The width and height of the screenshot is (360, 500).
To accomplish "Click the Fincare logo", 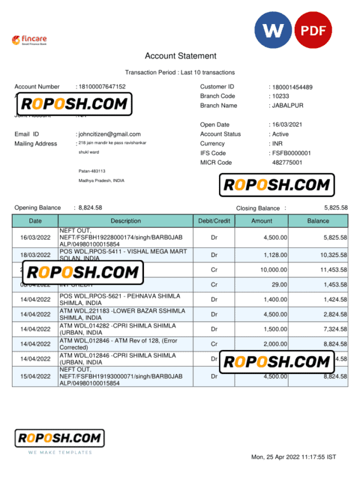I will pos(29,40).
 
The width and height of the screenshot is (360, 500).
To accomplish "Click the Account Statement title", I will pos(180,56).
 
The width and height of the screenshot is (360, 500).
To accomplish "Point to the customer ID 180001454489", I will pos(292,88).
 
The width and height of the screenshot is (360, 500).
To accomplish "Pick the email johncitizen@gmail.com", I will pos(109,134).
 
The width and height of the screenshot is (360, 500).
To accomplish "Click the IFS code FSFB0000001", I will pos(291,153).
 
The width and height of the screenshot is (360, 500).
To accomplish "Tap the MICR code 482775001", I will pos(287,163).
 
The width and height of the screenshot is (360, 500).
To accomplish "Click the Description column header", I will pos(125,221).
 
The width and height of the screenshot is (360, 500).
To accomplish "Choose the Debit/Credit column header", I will pos(214,221).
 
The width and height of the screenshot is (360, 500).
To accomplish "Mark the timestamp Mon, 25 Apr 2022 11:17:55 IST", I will pos(293,457).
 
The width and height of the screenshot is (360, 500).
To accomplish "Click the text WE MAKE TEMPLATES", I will pos(59,452).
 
